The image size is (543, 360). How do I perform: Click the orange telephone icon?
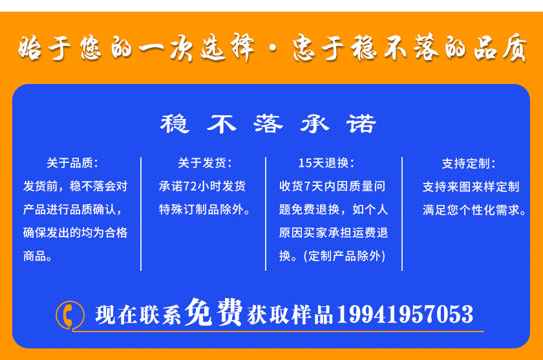[x=69, y=315]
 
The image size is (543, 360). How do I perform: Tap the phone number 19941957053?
[x=405, y=315]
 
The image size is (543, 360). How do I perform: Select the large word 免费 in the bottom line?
[x=213, y=312]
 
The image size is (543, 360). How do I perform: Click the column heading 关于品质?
[x=72, y=163]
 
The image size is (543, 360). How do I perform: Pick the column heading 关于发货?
[x=205, y=163]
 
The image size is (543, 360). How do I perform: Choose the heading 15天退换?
[x=326, y=163]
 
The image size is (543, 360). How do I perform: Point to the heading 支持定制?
[x=469, y=164]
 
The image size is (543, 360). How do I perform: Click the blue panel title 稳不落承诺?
[x=268, y=123]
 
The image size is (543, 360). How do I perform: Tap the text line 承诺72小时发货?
[x=202, y=186]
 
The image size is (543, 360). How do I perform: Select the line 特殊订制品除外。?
[x=204, y=209]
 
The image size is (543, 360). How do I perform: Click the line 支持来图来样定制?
[x=471, y=187]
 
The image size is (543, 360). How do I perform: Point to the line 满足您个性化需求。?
[x=474, y=210]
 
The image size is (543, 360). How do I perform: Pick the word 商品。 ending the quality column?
[x=37, y=256]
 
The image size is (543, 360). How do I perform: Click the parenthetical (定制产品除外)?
[x=344, y=256]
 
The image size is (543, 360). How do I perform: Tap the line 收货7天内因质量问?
[x=332, y=186]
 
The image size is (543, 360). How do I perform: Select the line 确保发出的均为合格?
[x=75, y=233]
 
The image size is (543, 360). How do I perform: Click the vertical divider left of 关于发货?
[x=141, y=213]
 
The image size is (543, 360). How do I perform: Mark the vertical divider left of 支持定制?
[x=402, y=213]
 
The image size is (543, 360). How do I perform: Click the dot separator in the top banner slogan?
[x=273, y=48]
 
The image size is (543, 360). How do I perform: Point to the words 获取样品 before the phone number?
[x=290, y=315]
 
